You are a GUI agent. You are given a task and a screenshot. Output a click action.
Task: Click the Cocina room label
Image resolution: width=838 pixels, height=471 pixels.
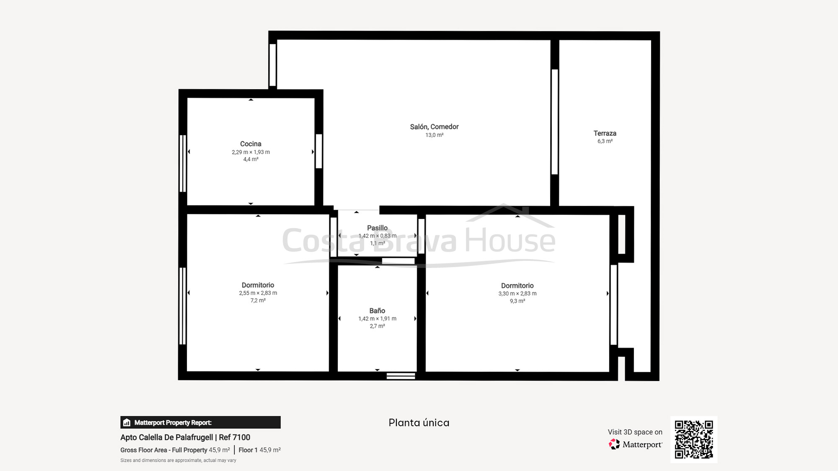tap(251, 144)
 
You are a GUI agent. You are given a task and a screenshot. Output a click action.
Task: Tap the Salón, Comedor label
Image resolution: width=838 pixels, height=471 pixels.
tap(434, 126)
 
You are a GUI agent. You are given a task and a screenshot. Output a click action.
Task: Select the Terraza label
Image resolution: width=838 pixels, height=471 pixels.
tap(605, 133)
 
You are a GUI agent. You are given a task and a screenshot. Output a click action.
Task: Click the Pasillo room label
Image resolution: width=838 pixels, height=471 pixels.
tap(377, 228)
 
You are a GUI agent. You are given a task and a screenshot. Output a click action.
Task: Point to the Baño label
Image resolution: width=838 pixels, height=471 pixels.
tap(377, 311)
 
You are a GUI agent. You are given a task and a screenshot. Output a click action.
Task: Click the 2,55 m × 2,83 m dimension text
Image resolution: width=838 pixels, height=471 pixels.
tap(258, 293)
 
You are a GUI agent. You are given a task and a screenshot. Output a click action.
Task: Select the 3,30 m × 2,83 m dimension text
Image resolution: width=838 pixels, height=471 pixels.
tap(517, 293)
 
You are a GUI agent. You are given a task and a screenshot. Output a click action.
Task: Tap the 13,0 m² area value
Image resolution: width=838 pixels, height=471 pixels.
tap(434, 135)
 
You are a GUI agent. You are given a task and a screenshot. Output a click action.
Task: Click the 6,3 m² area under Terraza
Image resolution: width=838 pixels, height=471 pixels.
tap(605, 141)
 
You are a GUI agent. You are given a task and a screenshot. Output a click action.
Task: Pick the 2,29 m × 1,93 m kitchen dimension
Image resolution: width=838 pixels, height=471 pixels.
tap(251, 152)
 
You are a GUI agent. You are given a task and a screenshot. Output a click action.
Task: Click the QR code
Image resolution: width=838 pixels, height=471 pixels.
tap(693, 439)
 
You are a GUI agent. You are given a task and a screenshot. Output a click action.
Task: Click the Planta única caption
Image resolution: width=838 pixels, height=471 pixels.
tap(419, 422)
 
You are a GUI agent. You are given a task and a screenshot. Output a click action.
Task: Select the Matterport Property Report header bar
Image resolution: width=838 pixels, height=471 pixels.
tap(200, 422)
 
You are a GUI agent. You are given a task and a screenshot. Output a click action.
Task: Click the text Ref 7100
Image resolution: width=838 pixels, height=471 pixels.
tap(234, 437)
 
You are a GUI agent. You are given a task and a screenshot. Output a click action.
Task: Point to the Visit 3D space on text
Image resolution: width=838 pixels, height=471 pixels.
tap(635, 432)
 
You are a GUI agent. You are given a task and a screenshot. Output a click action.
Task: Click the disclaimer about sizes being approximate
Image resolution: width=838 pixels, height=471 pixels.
tap(178, 460)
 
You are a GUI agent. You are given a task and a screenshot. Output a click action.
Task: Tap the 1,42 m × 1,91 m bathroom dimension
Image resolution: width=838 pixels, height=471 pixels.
tap(377, 319)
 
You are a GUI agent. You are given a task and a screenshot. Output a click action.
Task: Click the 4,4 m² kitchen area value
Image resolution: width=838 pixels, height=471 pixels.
tap(251, 159)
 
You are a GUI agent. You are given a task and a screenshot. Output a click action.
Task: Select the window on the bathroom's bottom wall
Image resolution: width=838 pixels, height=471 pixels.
tap(401, 376)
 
